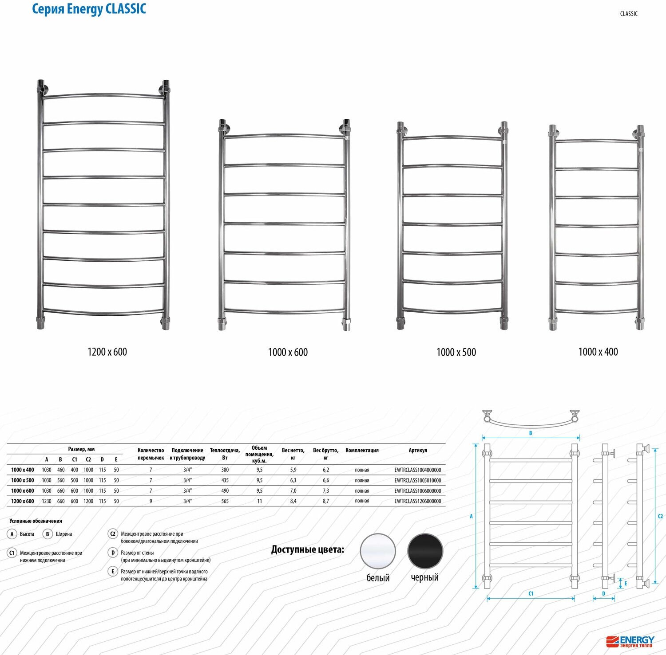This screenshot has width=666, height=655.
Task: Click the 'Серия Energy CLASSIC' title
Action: click(x=89, y=9)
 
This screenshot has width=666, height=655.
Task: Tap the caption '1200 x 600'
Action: click(x=107, y=352)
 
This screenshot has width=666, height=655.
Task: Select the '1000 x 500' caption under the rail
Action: click(x=456, y=352)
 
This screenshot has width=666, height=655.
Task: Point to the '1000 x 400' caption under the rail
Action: click(x=598, y=352)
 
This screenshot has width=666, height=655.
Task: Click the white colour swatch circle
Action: click(x=378, y=551)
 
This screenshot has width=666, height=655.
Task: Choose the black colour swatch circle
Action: click(x=425, y=551)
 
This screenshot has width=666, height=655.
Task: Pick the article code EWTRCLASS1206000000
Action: click(x=418, y=501)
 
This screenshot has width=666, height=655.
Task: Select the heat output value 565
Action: click(x=225, y=501)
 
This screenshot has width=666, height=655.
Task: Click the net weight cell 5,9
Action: click(x=293, y=470)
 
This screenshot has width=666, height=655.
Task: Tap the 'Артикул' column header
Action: click(x=418, y=450)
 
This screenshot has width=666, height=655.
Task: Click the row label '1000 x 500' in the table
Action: click(x=23, y=480)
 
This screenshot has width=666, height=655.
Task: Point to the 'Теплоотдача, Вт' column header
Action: click(x=225, y=454)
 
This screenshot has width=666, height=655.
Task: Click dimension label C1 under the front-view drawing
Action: click(x=531, y=593)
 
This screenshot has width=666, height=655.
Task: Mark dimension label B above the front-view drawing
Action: click(x=531, y=433)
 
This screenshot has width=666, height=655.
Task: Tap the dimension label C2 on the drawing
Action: click(x=660, y=516)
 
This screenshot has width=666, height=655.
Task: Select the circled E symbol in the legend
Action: click(x=113, y=572)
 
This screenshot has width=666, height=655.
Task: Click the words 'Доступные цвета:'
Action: click(x=308, y=549)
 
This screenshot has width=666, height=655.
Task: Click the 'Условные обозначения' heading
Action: click(x=36, y=521)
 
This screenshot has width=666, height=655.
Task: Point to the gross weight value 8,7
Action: click(x=326, y=501)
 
